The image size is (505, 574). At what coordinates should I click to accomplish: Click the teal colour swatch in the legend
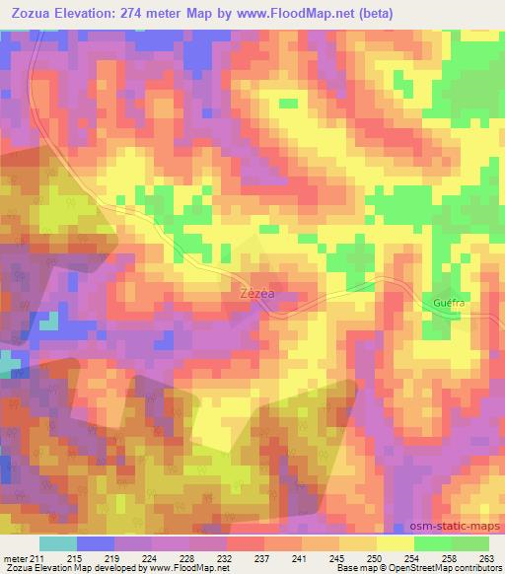coord(58,544)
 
